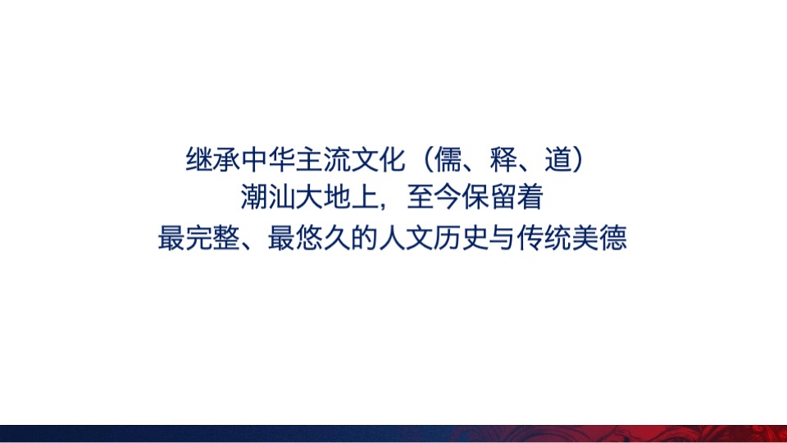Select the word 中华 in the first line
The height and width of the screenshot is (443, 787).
(267, 159)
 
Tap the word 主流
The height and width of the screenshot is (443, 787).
(320, 159)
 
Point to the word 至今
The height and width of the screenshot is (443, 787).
(434, 199)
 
